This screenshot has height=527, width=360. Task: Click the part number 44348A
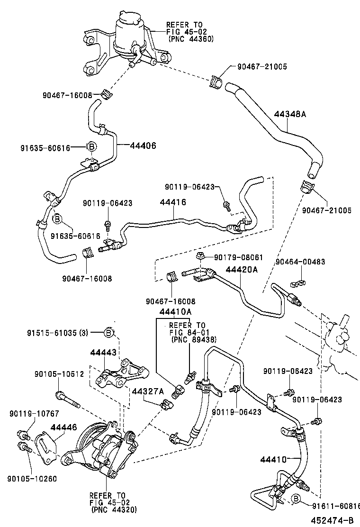[290, 114]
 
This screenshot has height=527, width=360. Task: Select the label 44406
[143, 145]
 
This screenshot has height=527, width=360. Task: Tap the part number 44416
[172, 202]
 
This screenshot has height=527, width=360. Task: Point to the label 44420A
[241, 269]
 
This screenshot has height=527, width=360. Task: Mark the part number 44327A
[148, 391]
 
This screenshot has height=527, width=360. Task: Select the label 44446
[63, 428]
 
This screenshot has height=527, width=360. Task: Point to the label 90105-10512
[59, 374]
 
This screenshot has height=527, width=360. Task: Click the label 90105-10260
[32, 479]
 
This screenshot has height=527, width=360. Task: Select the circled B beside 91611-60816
[295, 498]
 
